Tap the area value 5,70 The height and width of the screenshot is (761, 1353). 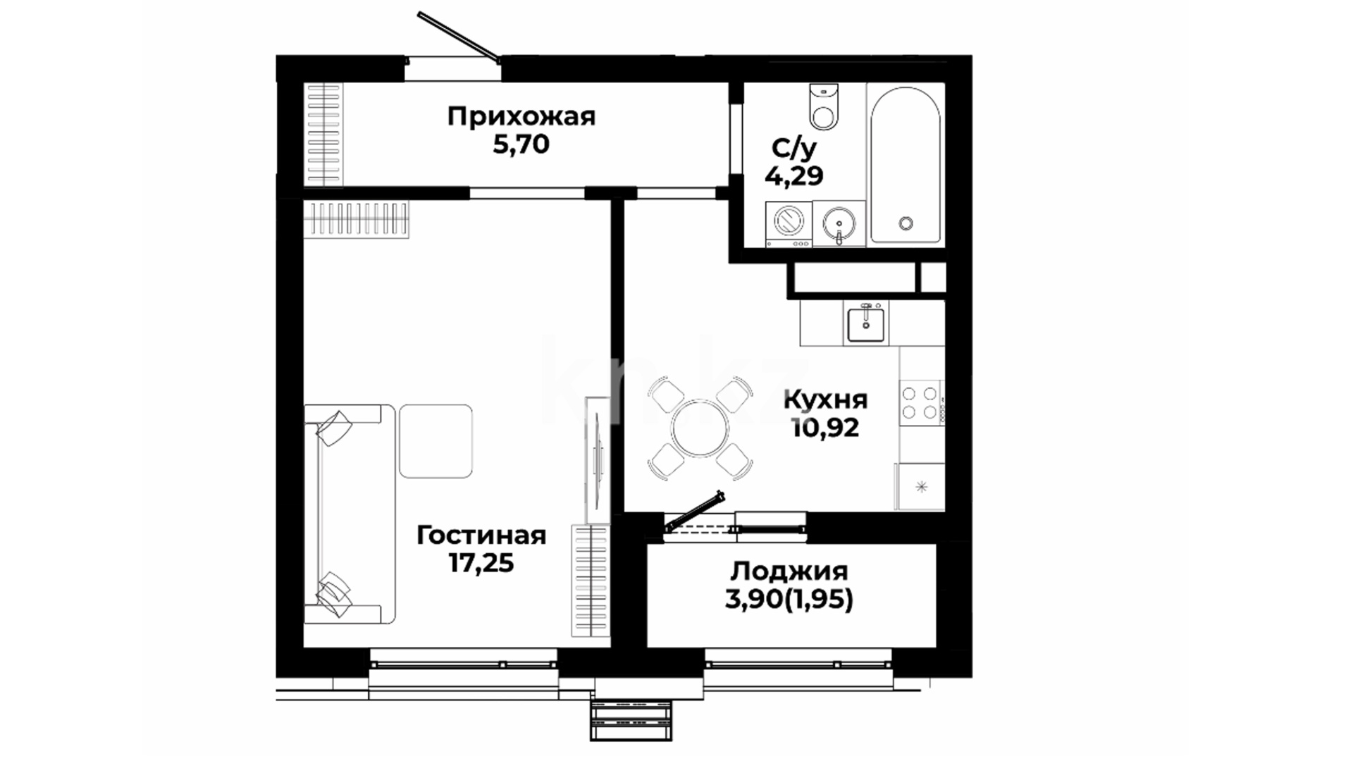[521, 145]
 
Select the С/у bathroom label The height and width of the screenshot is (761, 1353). [794, 148]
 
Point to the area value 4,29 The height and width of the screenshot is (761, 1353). [794, 175]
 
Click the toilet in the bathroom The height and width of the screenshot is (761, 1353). [824, 106]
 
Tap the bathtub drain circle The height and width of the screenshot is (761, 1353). [906, 223]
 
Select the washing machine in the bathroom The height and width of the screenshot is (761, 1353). [789, 224]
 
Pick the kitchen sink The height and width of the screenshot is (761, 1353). [867, 323]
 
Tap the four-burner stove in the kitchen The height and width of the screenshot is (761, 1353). [922, 403]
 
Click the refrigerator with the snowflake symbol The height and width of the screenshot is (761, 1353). [920, 486]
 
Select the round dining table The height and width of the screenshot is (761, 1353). [700, 428]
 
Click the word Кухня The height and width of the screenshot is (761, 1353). [826, 400]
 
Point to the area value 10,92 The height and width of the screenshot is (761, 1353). [826, 428]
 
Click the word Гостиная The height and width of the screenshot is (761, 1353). [481, 536]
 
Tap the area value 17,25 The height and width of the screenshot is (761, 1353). [481, 563]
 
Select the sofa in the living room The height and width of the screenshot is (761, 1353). [350, 514]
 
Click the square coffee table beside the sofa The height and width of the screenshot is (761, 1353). [435, 441]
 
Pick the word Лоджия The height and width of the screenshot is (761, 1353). [789, 571]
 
